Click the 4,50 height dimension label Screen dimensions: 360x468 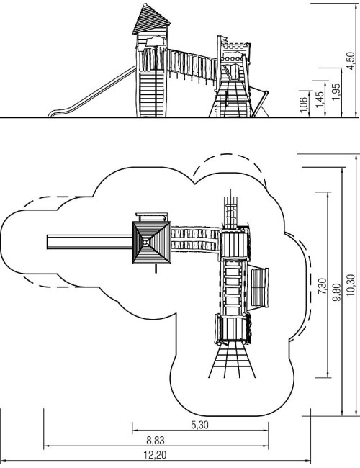click(x=351, y=60)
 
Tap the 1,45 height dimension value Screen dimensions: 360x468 click(x=320, y=99)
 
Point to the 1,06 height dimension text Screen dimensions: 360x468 click(x=303, y=105)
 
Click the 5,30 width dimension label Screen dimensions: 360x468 click(x=199, y=425)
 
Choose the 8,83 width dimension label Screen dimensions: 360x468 click(x=156, y=440)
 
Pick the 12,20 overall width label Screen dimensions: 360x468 click(x=155, y=456)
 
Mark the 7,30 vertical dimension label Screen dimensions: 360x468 click(x=323, y=287)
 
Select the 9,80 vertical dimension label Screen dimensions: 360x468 click(x=337, y=292)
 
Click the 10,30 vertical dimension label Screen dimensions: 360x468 click(x=351, y=285)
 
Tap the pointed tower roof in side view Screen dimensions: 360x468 click(x=150, y=19)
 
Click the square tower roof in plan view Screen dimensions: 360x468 click(x=152, y=243)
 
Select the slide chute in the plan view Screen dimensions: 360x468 click(x=89, y=242)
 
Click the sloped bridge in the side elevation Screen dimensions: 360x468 click(x=192, y=66)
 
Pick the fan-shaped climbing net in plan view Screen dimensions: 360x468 click(x=232, y=360)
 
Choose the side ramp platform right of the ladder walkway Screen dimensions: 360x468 click(x=259, y=287)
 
